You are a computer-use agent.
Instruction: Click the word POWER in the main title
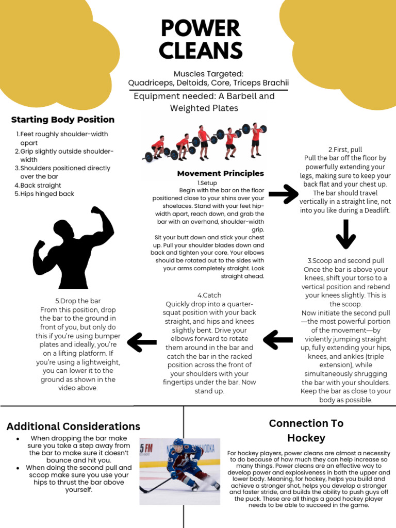(200, 29)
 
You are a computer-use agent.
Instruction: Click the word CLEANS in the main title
(200, 51)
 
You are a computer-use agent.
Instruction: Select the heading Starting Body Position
(63, 120)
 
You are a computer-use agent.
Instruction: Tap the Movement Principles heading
(220, 173)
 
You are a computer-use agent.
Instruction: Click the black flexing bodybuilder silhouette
(73, 247)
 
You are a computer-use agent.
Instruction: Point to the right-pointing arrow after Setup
(284, 194)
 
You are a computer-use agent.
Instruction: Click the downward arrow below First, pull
(345, 234)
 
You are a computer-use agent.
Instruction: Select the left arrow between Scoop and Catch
(278, 340)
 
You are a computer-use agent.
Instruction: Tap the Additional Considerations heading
(73, 426)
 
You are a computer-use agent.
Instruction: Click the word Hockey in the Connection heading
(306, 438)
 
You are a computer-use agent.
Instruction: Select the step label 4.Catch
(209, 295)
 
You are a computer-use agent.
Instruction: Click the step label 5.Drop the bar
(78, 301)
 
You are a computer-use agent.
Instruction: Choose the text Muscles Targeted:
(208, 74)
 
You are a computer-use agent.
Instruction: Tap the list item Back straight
(41, 185)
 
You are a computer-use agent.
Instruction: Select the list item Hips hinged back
(47, 194)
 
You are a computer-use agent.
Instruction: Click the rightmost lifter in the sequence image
(255, 139)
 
